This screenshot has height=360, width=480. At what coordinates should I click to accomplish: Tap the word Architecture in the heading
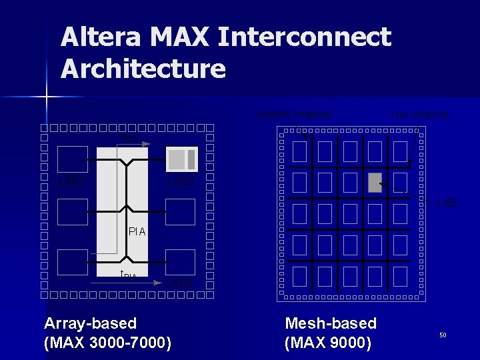(143, 69)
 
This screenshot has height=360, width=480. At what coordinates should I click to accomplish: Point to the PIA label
(137, 233)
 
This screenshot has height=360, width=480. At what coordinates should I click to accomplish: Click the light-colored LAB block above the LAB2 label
(181, 159)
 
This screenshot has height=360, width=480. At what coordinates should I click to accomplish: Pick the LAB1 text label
(71, 180)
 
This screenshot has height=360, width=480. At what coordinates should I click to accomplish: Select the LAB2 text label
(181, 181)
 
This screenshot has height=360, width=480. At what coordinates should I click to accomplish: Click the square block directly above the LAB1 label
(73, 159)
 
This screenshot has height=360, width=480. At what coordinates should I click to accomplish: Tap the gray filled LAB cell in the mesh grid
(375, 182)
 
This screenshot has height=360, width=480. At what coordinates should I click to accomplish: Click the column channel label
(293, 114)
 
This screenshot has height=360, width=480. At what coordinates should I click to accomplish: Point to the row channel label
(420, 114)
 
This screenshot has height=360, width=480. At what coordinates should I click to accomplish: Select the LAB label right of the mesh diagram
(447, 203)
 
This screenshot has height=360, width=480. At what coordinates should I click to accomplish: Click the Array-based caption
(90, 324)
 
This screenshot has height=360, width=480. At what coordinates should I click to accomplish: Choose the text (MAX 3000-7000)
(107, 343)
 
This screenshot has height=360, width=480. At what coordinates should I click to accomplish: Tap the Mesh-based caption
(331, 324)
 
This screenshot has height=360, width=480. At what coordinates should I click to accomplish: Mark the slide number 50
(442, 335)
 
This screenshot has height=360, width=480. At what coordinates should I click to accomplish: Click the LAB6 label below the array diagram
(179, 283)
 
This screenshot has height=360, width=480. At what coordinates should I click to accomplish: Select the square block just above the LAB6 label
(180, 262)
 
